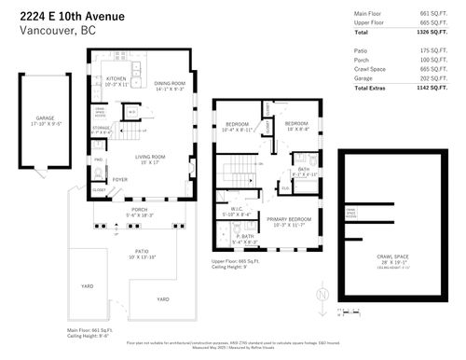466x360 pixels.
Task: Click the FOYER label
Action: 120,180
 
